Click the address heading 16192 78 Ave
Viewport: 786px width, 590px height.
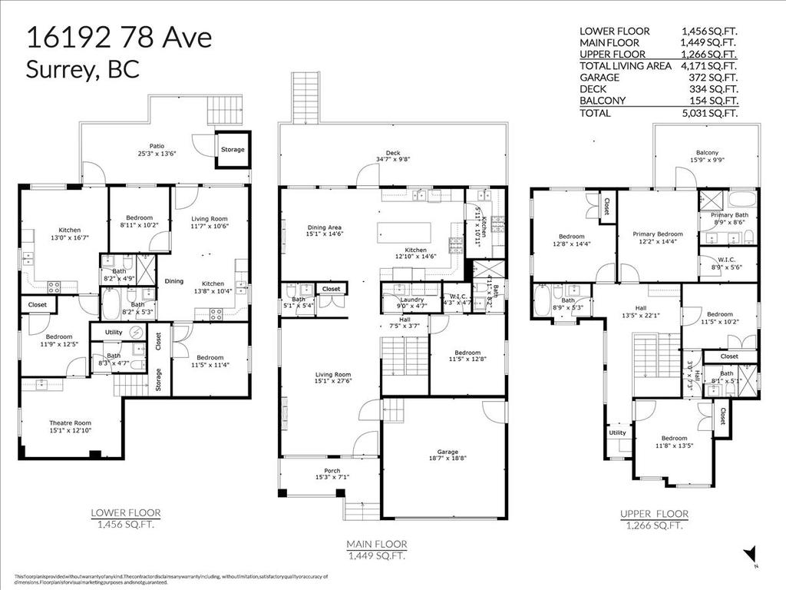pyautogui.click(x=119, y=38)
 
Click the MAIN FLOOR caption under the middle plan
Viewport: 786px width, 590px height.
pyautogui.click(x=377, y=544)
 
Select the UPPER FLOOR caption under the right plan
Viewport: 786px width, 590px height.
pyautogui.click(x=654, y=514)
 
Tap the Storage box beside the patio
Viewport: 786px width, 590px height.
pyautogui.click(x=233, y=149)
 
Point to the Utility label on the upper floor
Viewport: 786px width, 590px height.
pyautogui.click(x=618, y=433)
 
